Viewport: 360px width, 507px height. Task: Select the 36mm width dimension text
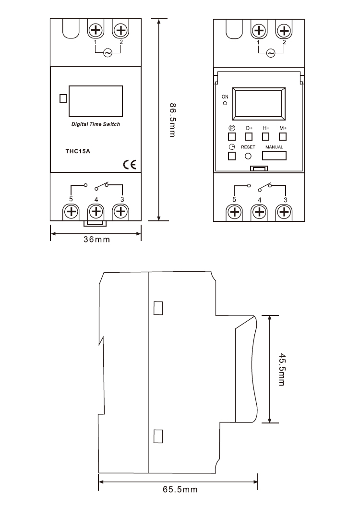[x=96, y=239]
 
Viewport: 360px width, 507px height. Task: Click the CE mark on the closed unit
[x=130, y=165]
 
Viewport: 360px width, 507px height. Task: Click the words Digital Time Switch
[x=96, y=124]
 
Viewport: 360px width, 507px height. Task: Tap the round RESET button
[x=249, y=156]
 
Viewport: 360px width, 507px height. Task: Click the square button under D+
[x=249, y=136]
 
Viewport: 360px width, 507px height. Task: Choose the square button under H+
[x=265, y=136]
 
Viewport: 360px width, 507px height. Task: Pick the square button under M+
[x=282, y=136]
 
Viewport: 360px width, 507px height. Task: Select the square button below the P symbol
[x=232, y=136]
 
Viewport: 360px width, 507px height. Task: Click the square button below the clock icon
[x=232, y=156]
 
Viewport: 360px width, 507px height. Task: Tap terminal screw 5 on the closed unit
[x=71, y=211]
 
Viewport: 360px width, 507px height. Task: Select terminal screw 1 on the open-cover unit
[x=259, y=31]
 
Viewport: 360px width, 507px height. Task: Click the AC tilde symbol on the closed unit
[x=108, y=53]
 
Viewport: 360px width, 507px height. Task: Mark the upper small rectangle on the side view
[x=158, y=308]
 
